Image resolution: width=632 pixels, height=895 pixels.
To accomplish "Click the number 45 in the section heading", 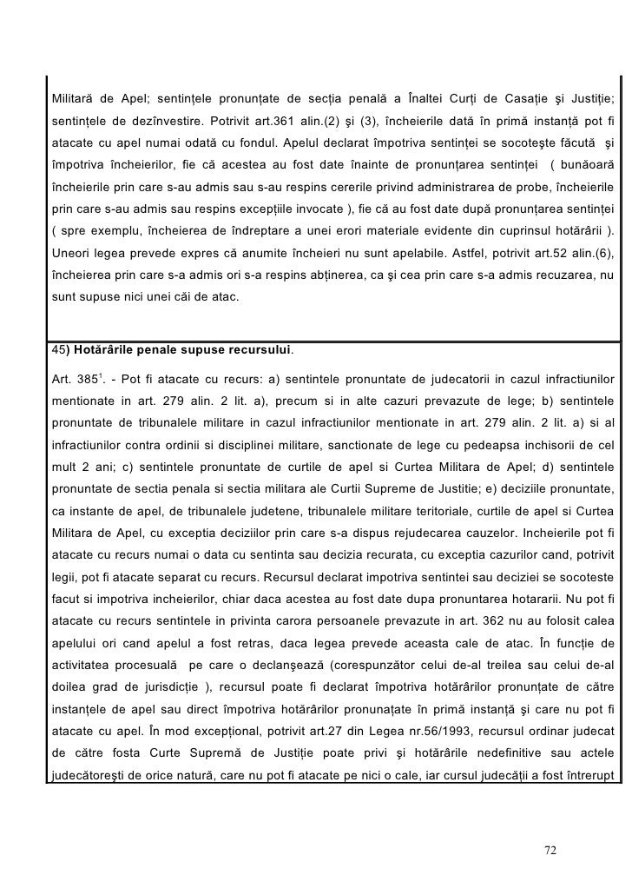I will click(58, 350).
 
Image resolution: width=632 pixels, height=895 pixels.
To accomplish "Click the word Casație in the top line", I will click(519, 94).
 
